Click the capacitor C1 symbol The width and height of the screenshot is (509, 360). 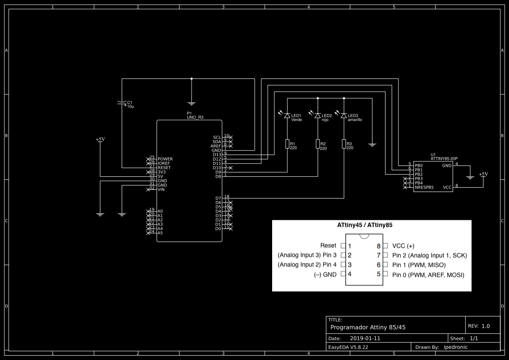[122, 103]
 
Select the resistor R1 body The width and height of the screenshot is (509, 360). [287, 144]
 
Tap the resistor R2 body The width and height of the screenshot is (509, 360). [318, 144]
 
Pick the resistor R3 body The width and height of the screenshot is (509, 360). [344, 144]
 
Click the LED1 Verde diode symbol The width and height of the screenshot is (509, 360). [287, 116]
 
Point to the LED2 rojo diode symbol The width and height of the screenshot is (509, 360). [317, 116]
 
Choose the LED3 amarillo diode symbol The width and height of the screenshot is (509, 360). [344, 116]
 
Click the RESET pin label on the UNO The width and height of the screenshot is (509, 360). [164, 168]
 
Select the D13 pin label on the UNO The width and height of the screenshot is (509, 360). [217, 155]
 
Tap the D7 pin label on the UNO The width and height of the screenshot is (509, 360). [218, 198]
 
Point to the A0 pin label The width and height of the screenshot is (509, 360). [160, 211]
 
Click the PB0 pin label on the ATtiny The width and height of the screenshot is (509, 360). [418, 165]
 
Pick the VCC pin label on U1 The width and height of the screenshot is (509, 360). [447, 187]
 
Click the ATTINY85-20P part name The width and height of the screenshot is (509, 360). [444, 158]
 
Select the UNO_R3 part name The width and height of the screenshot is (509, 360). [195, 118]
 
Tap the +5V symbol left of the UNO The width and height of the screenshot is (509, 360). [100, 140]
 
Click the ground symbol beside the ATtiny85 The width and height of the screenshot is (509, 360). [470, 177]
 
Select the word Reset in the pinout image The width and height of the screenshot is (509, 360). [328, 246]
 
